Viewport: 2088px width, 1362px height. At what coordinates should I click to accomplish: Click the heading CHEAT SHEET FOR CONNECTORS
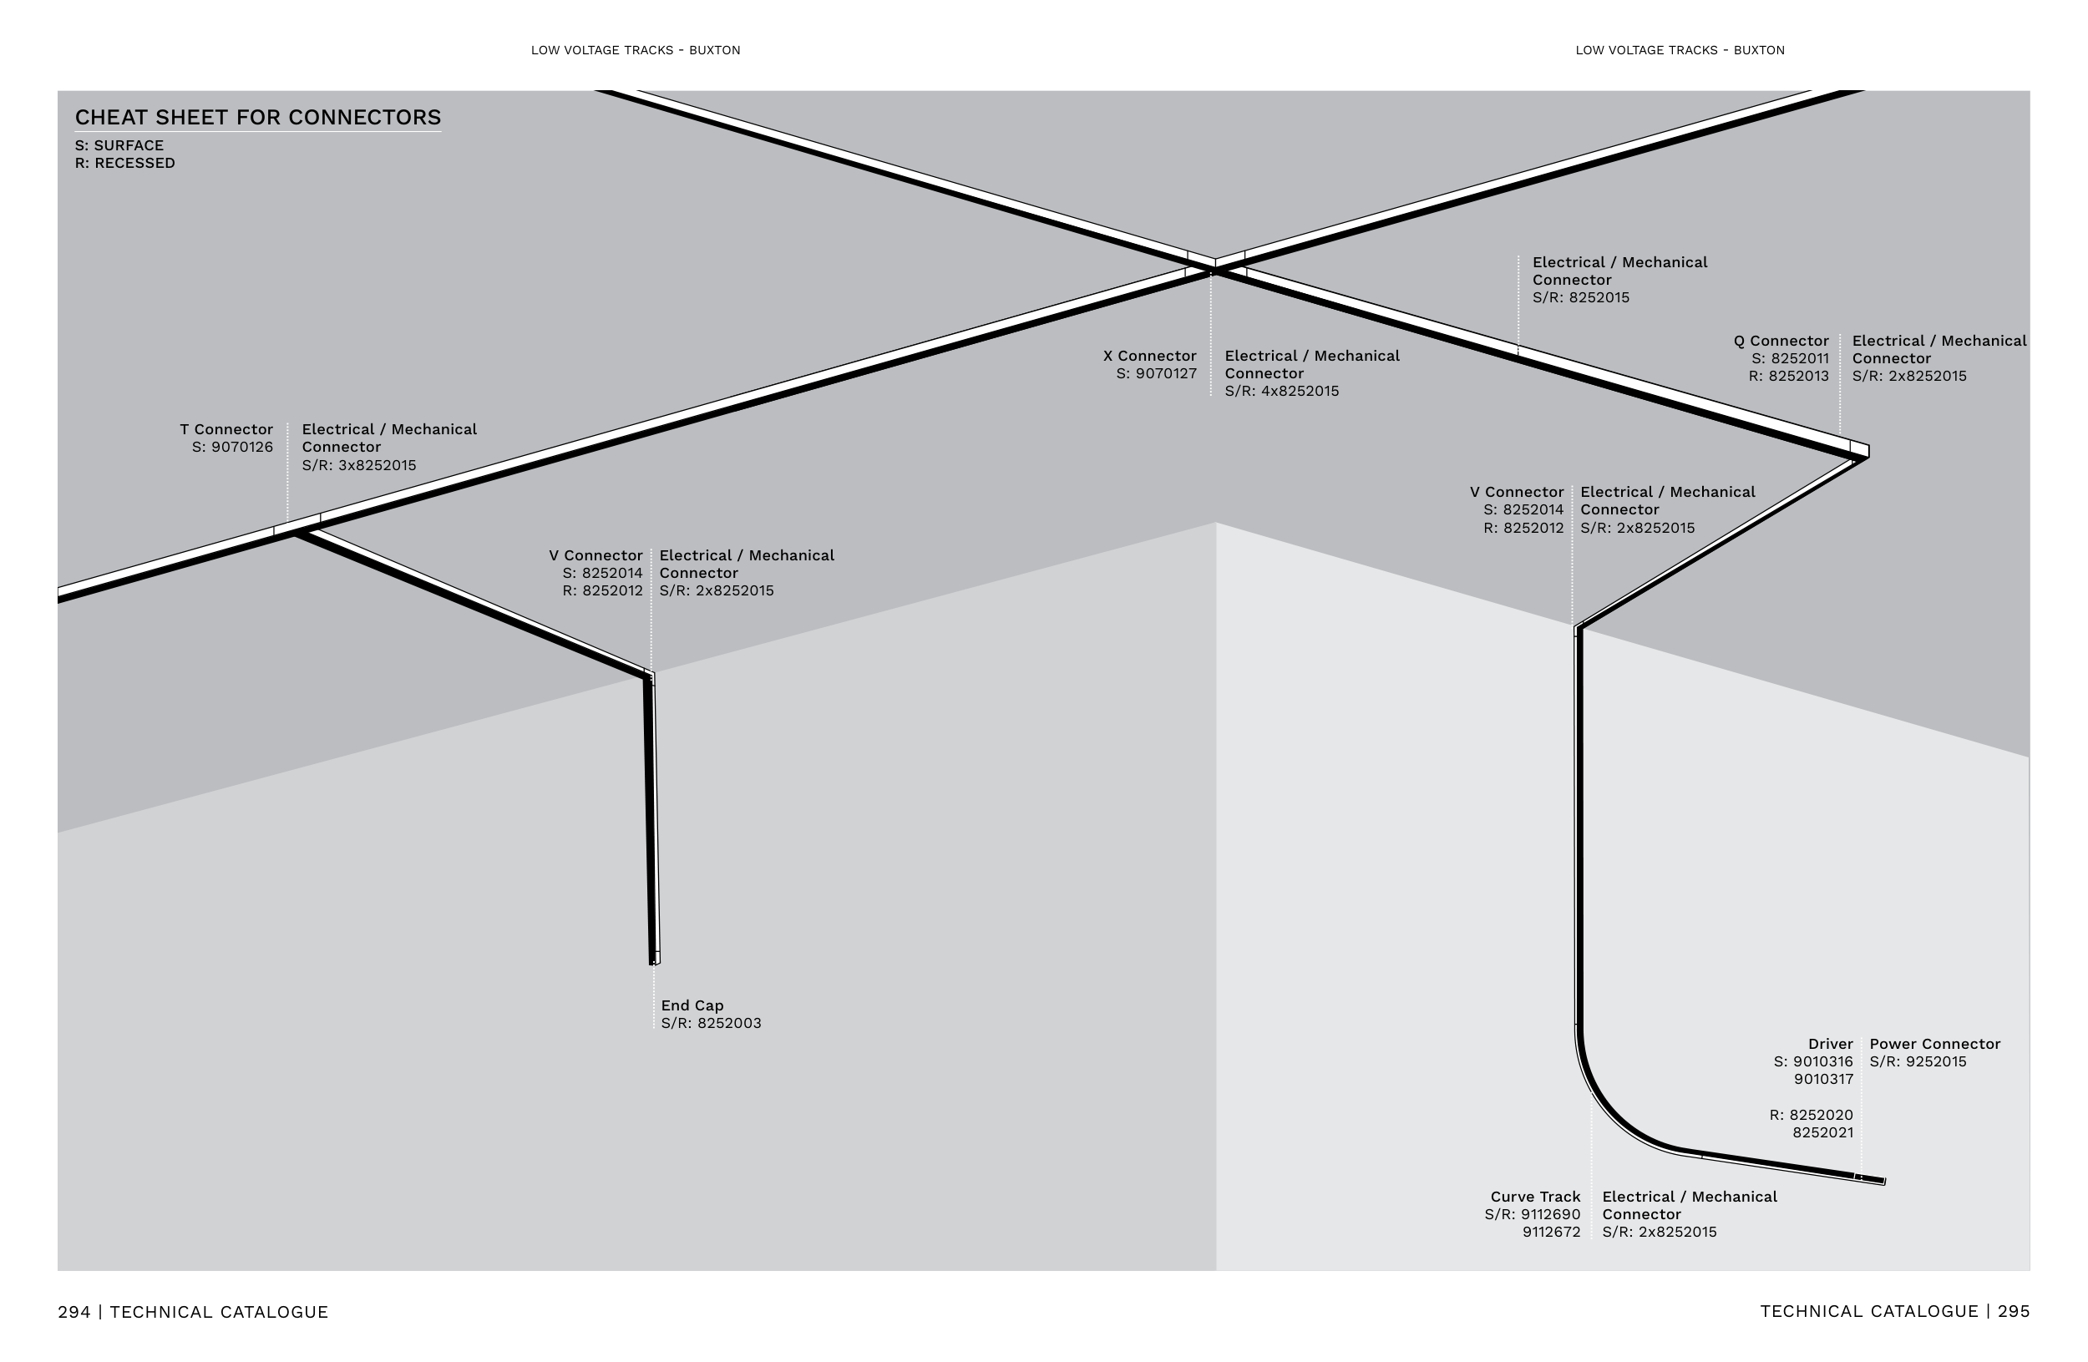[x=258, y=118]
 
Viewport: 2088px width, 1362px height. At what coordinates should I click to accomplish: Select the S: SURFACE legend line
[x=119, y=145]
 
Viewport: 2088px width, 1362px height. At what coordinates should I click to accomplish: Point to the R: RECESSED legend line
[x=124, y=163]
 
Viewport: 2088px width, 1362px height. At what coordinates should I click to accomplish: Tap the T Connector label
[x=226, y=430]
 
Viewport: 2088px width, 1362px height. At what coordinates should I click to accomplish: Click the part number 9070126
[x=242, y=448]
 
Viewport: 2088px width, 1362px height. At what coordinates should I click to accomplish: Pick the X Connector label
[x=1149, y=356]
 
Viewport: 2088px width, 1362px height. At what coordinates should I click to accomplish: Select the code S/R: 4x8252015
[x=1282, y=391]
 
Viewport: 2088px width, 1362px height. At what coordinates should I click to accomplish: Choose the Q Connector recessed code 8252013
[x=1798, y=377]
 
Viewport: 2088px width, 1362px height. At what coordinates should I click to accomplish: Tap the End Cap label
[x=692, y=1006]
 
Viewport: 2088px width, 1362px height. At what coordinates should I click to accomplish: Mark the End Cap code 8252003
[x=729, y=1024]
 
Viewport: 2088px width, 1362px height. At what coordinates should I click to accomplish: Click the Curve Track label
[x=1535, y=1197]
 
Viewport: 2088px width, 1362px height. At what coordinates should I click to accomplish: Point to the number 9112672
[x=1551, y=1233]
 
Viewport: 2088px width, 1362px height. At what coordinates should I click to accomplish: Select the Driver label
[x=1830, y=1045]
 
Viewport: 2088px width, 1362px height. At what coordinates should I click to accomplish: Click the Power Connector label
[x=1934, y=1045]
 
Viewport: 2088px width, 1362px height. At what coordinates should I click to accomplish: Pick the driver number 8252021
[x=1822, y=1133]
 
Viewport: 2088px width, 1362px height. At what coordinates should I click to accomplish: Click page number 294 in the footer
[x=73, y=1312]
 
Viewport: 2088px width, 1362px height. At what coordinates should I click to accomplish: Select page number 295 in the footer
[x=2014, y=1311]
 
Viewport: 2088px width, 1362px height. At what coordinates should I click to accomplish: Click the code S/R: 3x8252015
[x=359, y=466]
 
